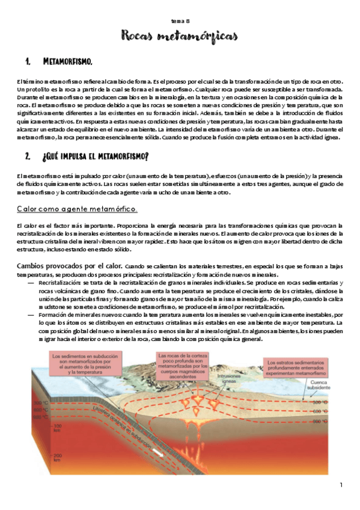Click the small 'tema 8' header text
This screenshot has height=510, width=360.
pos(180,20)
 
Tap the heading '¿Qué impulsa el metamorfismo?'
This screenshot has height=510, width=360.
pos(96,157)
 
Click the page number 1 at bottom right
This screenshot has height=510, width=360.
pos(341,485)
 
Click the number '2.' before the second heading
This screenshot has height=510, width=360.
pos(28,157)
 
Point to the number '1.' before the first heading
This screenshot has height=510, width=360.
pos(28,62)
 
